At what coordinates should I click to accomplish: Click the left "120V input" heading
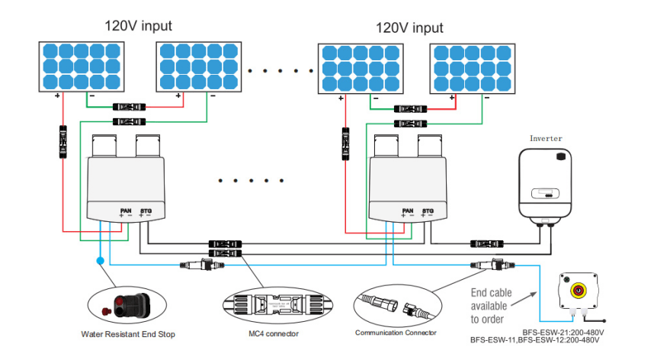click(138, 26)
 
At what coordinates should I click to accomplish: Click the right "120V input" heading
click(409, 27)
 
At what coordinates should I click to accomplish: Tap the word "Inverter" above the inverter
click(546, 138)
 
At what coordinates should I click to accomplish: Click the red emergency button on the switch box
click(578, 290)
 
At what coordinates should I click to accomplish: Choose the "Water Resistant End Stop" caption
click(127, 333)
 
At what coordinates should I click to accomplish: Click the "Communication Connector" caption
click(396, 333)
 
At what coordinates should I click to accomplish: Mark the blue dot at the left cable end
click(100, 261)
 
